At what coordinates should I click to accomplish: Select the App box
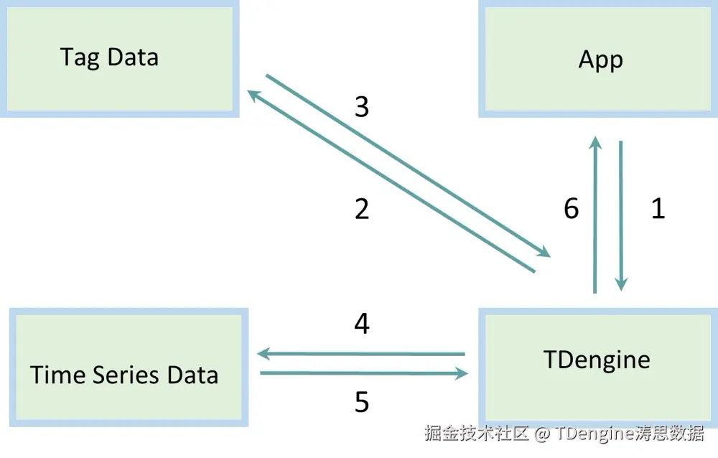600,59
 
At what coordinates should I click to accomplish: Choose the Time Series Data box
128,368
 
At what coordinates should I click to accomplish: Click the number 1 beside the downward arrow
657,208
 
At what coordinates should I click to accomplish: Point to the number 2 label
362,209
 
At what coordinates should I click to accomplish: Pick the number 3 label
362,107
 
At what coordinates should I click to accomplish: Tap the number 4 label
362,324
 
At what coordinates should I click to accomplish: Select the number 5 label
362,403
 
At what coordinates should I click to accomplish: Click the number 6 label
572,208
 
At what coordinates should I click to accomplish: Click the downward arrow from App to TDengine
621,215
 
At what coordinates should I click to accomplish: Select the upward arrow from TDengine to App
595,215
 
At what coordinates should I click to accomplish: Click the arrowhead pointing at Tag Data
253,94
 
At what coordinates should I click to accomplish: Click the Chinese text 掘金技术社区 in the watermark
476,434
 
